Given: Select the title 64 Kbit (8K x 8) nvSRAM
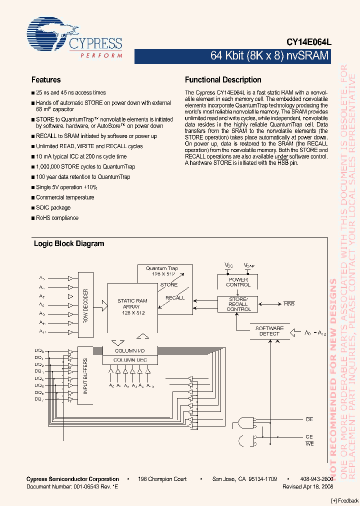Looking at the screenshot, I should coord(269,56).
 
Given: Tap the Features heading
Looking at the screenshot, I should coord(46,80).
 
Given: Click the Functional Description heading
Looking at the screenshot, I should coord(223,80).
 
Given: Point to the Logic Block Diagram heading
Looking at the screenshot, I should coord(69,244).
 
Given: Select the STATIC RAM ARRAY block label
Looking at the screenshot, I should coord(132,306).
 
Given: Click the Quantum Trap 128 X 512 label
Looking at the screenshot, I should coord(161,271).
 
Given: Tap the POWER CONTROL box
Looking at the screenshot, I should coord(238,282).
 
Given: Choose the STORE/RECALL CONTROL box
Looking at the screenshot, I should coord(238,304).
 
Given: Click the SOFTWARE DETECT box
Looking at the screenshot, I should coord(269,331).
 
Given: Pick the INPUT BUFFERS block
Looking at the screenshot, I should coord(85,375).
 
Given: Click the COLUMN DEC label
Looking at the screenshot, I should coord(130,359).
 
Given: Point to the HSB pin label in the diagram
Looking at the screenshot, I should coord(289,304).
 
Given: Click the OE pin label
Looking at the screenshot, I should coord(309,419).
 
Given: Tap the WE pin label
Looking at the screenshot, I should coord(309,444).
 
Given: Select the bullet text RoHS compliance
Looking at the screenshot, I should coord(57,218).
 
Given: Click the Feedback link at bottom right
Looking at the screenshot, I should coord(345,500).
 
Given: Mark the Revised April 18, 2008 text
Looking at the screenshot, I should coord(307,486).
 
